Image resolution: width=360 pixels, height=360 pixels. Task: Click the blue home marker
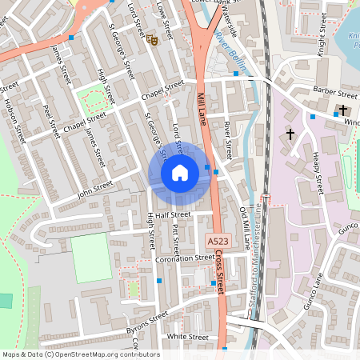click(180, 172)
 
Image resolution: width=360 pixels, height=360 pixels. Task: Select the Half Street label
click(174, 214)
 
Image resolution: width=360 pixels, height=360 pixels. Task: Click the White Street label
click(188, 338)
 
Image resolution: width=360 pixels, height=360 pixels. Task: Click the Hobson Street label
click(15, 116)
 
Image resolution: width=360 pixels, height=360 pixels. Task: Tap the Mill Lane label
click(202, 112)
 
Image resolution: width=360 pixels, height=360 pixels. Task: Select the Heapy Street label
click(318, 171)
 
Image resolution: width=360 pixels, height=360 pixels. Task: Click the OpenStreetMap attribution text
click(80, 354)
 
